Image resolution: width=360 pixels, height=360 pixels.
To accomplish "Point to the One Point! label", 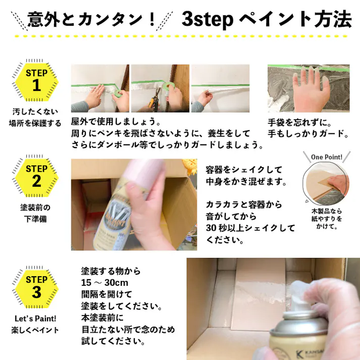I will pyautogui.click(x=327, y=157).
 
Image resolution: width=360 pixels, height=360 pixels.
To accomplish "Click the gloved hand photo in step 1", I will pyautogui.click(x=308, y=88).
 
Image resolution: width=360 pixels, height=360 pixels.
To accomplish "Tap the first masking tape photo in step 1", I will pyautogui.click(x=99, y=88).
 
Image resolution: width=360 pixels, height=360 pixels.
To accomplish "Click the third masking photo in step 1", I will pyautogui.click(x=220, y=88).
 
